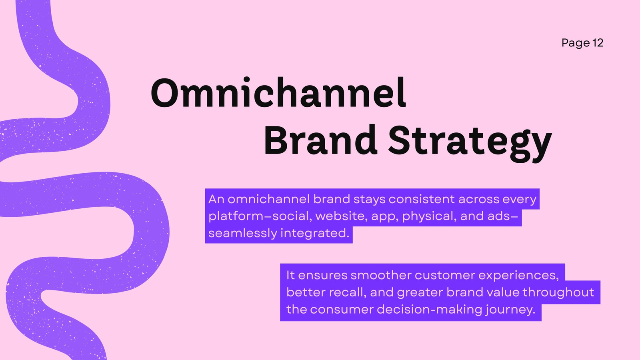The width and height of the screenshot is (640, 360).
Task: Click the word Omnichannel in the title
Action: [278, 92]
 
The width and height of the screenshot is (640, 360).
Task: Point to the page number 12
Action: [598, 43]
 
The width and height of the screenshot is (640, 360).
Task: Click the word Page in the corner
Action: [576, 44]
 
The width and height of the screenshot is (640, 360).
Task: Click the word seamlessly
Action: [243, 234]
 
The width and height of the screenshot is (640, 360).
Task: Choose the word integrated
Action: [315, 234]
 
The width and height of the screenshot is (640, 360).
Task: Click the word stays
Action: [370, 200]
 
